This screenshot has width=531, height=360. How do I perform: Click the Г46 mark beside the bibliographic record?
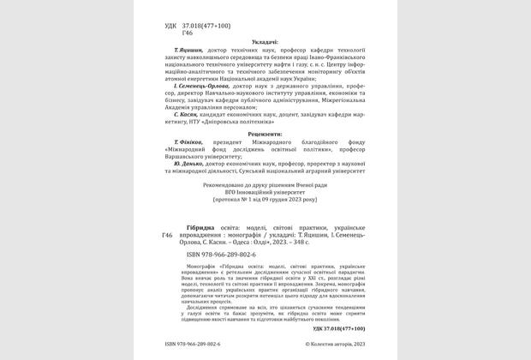(x=169, y=234)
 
